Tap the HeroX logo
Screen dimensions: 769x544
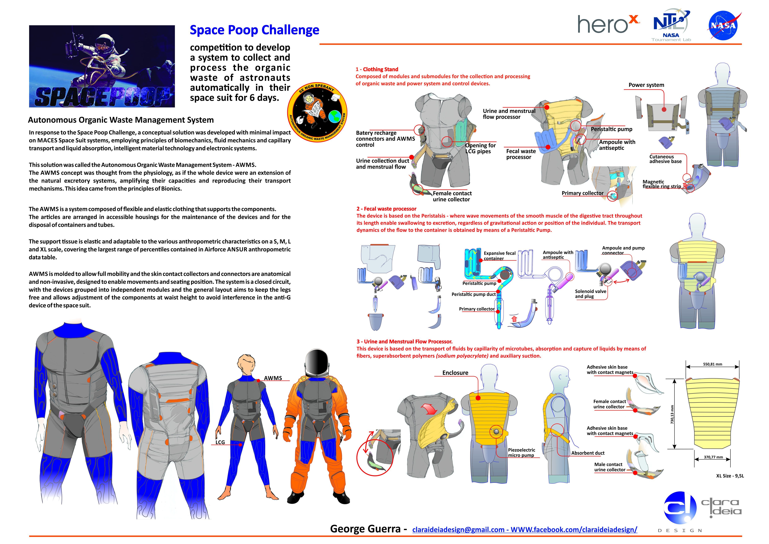coord(609,24)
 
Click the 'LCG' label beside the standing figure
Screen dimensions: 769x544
coord(220,442)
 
